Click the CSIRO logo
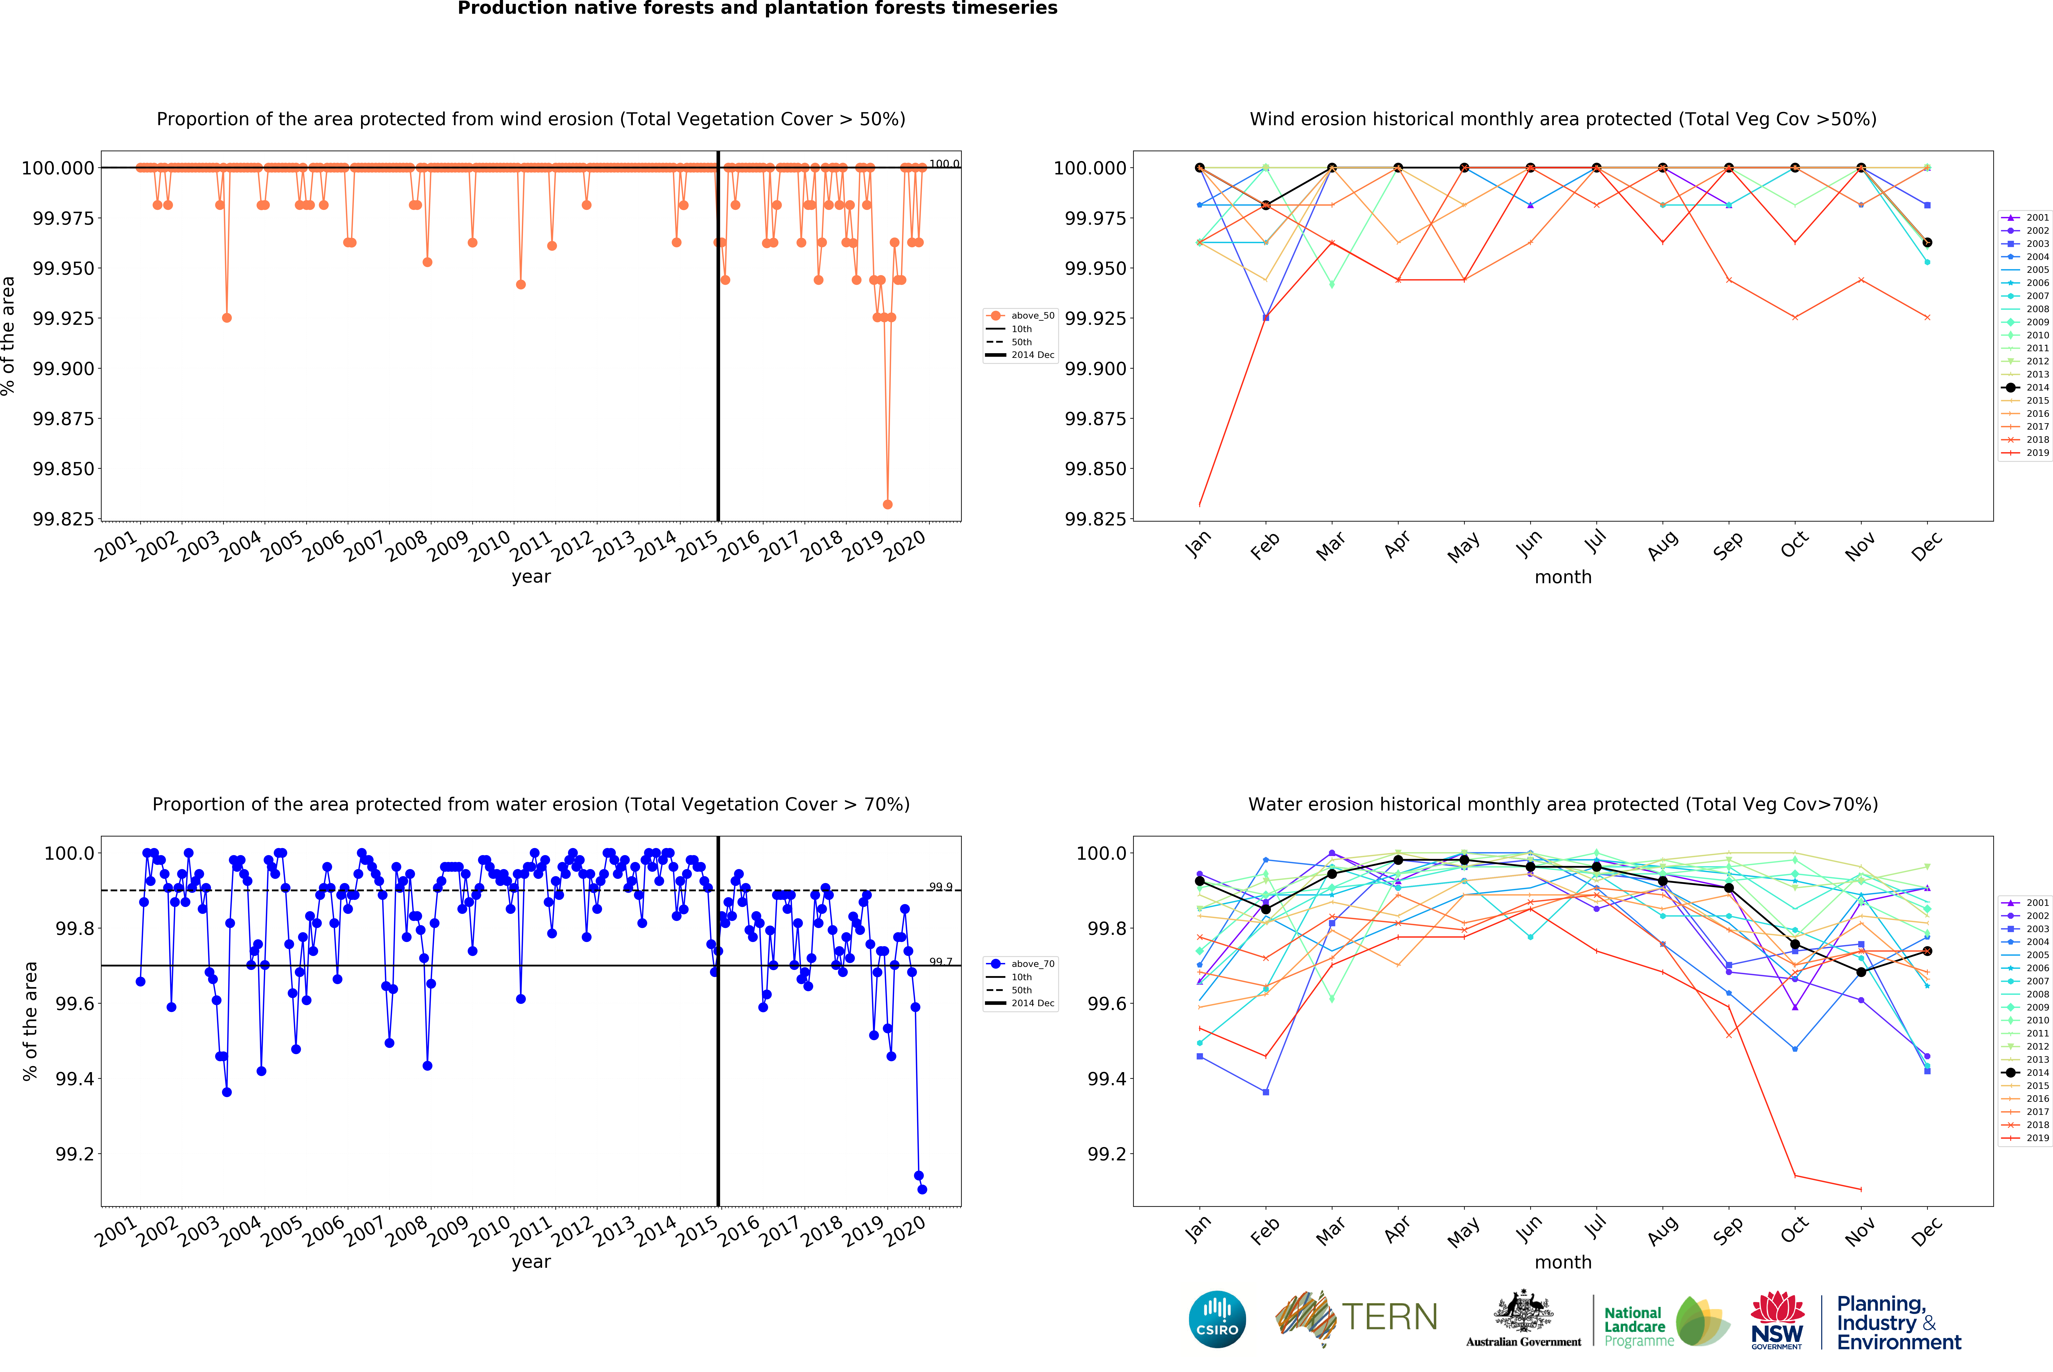[x=1217, y=1319]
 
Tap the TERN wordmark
[x=1389, y=1317]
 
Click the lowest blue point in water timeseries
[x=922, y=1189]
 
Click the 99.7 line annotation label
[x=940, y=962]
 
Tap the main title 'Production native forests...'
[x=757, y=9]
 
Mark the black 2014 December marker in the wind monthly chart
[x=1927, y=242]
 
